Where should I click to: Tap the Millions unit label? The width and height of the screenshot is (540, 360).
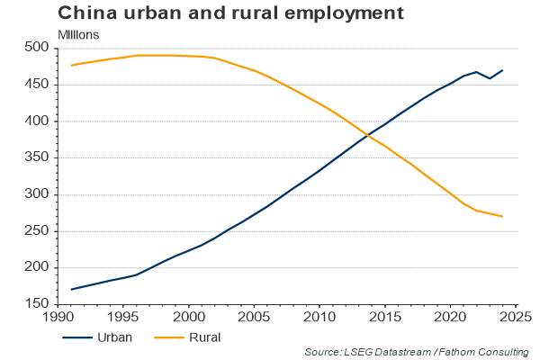[78, 34]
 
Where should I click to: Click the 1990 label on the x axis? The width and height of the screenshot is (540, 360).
[59, 318]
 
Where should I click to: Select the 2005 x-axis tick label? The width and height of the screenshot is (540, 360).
[255, 318]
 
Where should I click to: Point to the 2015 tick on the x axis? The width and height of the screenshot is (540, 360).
[385, 318]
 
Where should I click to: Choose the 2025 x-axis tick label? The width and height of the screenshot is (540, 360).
[515, 318]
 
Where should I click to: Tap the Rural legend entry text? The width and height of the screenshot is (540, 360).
[205, 337]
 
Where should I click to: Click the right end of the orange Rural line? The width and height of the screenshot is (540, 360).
[502, 216]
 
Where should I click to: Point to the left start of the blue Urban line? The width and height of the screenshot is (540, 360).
[72, 289]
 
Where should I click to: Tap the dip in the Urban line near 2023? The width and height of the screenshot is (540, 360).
[490, 78]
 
